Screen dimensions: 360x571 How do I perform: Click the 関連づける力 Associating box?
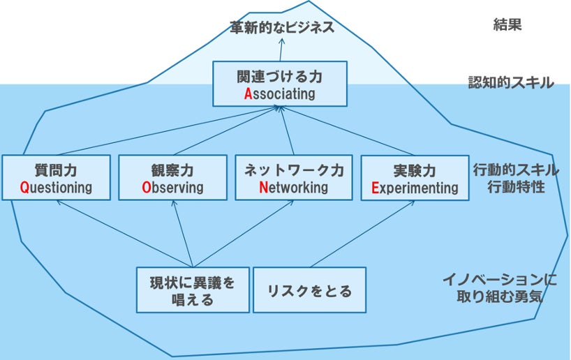pyautogui.click(x=279, y=83)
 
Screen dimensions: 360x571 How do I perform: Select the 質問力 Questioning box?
pyautogui.click(x=56, y=178)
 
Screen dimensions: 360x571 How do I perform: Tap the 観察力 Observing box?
pyautogui.click(x=172, y=178)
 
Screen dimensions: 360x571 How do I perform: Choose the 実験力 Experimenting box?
pyautogui.click(x=415, y=178)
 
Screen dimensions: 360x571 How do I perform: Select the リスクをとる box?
pyautogui.click(x=309, y=290)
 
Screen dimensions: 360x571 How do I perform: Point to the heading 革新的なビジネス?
pyautogui.click(x=282, y=28)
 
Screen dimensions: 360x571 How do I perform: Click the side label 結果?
pyautogui.click(x=507, y=26)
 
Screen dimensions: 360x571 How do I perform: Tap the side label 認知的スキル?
pyautogui.click(x=510, y=83)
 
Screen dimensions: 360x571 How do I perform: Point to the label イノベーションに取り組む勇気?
pyautogui.click(x=499, y=287)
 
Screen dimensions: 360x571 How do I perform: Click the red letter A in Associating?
pyautogui.click(x=248, y=93)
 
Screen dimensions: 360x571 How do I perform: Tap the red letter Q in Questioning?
pyautogui.click(x=24, y=188)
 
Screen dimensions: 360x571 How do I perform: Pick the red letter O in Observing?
pyautogui.click(x=146, y=188)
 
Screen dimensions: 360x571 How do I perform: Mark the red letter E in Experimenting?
pyautogui.click(x=375, y=188)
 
